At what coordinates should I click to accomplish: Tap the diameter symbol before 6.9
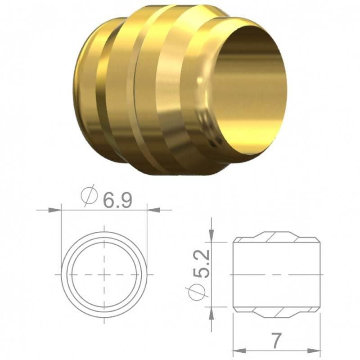90,196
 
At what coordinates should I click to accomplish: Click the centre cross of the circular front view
104,274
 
